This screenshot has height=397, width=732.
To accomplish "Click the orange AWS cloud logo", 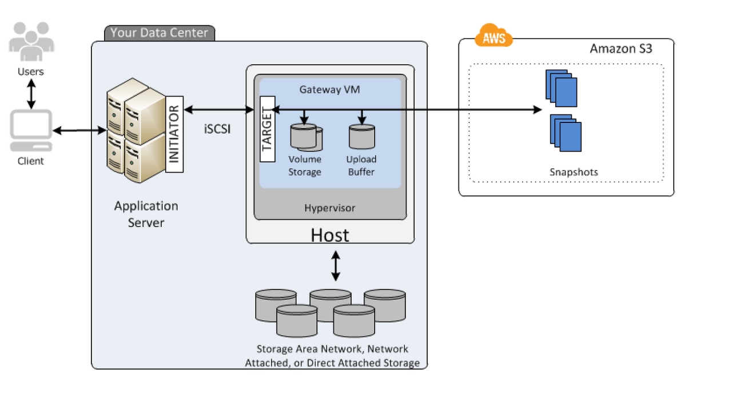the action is [494, 35].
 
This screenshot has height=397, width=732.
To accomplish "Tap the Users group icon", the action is [31, 42].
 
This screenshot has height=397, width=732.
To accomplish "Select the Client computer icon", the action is [31, 130].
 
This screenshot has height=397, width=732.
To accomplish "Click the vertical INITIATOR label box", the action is [174, 134].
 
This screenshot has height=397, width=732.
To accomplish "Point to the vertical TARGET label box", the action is [267, 129].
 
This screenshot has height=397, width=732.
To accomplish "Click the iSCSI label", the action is [217, 129].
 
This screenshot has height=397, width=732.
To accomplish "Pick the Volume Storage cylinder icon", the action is [306, 137].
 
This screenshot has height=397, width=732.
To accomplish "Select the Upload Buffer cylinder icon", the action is [362, 137].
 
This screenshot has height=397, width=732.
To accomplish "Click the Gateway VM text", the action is [330, 89].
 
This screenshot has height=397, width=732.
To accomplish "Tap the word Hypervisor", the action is [330, 208].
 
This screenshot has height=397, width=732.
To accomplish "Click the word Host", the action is [330, 235].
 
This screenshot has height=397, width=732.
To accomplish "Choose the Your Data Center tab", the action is [160, 33].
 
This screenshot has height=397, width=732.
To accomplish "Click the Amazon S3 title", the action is [621, 49].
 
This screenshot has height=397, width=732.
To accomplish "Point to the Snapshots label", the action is [574, 172].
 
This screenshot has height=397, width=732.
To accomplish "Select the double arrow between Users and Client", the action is [31, 94].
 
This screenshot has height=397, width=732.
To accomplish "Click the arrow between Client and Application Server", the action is [79, 130].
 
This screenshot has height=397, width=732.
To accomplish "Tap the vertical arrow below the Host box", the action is [336, 265].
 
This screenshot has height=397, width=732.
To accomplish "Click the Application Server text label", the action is [146, 214].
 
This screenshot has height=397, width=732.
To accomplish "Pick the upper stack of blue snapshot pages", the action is [561, 88].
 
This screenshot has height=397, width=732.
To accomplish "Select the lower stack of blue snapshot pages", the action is [566, 133].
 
